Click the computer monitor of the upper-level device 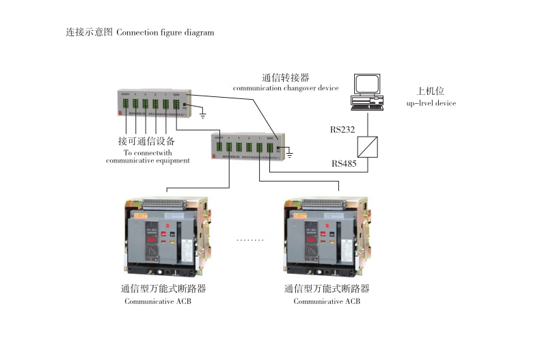pos(368,84)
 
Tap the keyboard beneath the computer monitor pos(368,105)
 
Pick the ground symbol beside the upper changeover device pos(202,114)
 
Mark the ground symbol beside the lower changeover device pos(290,156)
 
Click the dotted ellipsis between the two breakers pos(249,240)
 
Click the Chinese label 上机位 pos(431,91)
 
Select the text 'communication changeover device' pos(286,89)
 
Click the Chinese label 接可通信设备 pos(146,141)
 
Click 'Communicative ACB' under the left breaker pos(158,301)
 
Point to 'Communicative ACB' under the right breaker pos(327,301)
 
